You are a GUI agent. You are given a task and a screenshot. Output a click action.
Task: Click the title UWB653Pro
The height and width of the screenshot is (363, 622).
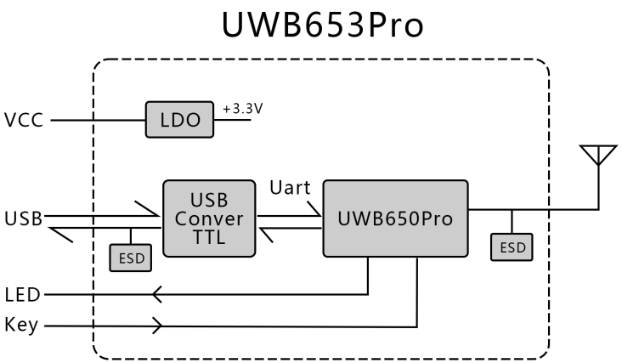click(x=320, y=25)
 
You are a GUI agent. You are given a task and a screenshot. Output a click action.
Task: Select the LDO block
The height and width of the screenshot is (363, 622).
click(x=179, y=121)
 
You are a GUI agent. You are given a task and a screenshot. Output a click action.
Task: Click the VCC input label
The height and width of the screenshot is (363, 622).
click(x=23, y=121)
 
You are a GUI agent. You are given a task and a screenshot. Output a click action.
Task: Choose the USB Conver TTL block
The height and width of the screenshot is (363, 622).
click(x=209, y=218)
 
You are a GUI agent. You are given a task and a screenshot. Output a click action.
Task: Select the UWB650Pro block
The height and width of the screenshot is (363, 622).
click(x=395, y=218)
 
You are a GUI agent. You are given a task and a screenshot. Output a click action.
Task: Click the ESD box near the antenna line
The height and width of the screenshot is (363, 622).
click(x=512, y=247)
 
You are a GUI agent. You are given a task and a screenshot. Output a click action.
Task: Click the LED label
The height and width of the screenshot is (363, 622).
click(x=22, y=295)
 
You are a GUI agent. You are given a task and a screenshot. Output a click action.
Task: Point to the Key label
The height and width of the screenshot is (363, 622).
click(x=21, y=326)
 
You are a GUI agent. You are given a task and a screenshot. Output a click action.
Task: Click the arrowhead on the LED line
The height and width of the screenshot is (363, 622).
click(x=156, y=295)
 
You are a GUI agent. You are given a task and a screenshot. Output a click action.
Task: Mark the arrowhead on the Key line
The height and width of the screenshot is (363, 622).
click(x=157, y=326)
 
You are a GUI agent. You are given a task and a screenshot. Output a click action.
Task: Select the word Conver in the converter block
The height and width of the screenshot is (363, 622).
click(x=209, y=218)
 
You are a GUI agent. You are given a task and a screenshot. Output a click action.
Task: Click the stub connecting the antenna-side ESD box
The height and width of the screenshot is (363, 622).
click(x=512, y=222)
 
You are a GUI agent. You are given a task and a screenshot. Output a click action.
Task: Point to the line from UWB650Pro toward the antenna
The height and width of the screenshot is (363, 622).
click(x=552, y=209)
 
